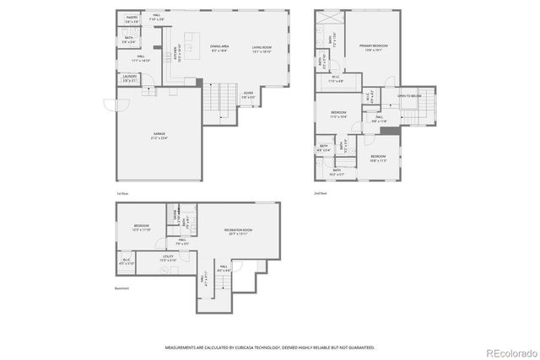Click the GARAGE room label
pos(159,133)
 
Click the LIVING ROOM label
pos(262,47)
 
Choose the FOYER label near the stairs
pos(248,94)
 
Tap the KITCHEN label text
pos(175,52)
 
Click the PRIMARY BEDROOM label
pos(371,46)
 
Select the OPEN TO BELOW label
pos(410,95)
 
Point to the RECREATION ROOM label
pos(239,230)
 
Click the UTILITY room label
pos(167,257)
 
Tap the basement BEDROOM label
pos(141,225)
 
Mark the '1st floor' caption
pos(123,194)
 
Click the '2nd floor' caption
pos(321,194)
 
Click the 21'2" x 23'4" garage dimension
pos(159,137)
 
